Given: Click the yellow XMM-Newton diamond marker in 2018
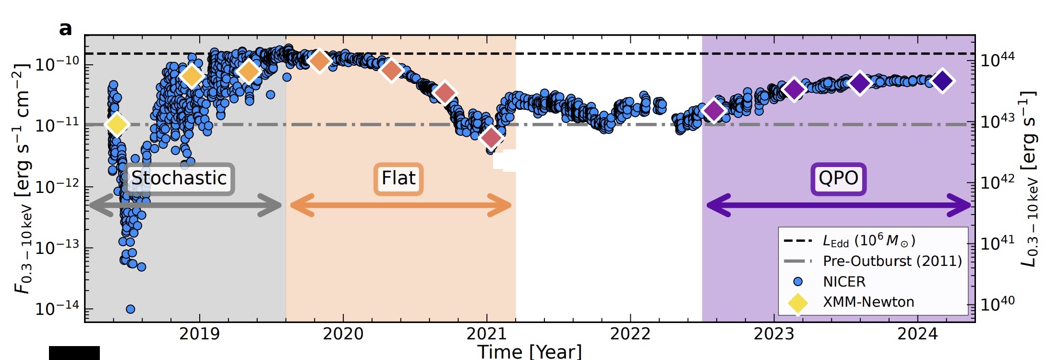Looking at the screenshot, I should (x=117, y=124).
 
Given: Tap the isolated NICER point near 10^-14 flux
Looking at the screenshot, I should (x=130, y=309).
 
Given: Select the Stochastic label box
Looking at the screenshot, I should (x=179, y=179).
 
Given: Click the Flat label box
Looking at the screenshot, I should (x=398, y=179).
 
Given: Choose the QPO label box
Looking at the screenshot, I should (x=838, y=179).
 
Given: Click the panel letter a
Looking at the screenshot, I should (x=65, y=29).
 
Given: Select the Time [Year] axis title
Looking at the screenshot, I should (x=529, y=351).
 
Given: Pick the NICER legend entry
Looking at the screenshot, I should (x=844, y=282).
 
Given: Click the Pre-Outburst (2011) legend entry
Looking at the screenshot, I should (x=892, y=261).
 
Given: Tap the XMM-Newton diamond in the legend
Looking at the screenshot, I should (x=798, y=302).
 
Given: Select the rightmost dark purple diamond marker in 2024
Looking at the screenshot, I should (x=942, y=81).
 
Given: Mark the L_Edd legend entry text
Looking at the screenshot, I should (x=869, y=240).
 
